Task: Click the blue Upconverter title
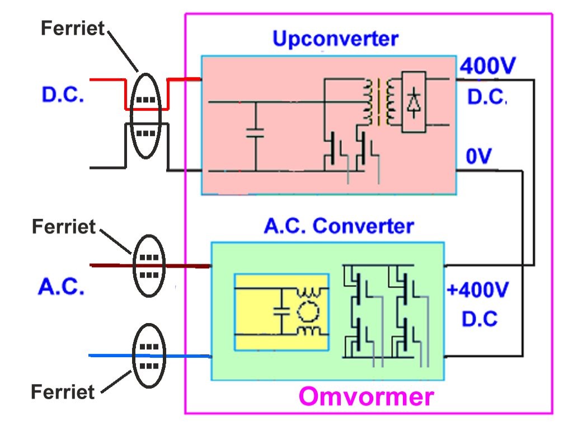click(x=336, y=39)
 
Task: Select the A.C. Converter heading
click(x=339, y=226)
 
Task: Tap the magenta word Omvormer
click(x=366, y=396)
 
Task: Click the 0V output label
click(x=479, y=156)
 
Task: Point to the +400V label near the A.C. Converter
click(x=477, y=290)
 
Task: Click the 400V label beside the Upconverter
click(x=487, y=66)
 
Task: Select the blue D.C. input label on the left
click(x=63, y=94)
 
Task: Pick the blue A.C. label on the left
click(x=62, y=286)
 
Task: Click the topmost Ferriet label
click(x=73, y=28)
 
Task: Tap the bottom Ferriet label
click(x=63, y=391)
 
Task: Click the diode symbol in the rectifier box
click(x=414, y=102)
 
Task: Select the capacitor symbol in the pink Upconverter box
click(x=255, y=133)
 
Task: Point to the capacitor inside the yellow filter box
click(x=282, y=311)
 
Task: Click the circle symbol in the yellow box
click(x=308, y=311)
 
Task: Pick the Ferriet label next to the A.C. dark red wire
click(x=64, y=226)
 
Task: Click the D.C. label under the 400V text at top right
click(x=487, y=97)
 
